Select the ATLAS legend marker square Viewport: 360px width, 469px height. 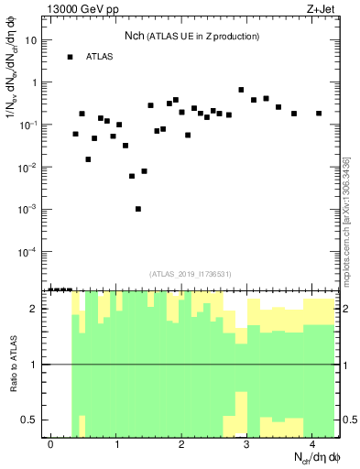pos(70,57)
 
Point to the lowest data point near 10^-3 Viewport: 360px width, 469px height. pos(138,209)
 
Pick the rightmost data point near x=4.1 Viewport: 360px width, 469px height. pos(319,114)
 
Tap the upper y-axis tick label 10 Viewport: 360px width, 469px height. pos(33,40)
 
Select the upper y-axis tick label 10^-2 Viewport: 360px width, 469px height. pos(30,167)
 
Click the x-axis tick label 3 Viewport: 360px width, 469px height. pos(247,444)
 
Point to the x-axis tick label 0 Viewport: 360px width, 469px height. pos(51,444)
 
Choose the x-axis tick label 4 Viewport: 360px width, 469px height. pos(312,444)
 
